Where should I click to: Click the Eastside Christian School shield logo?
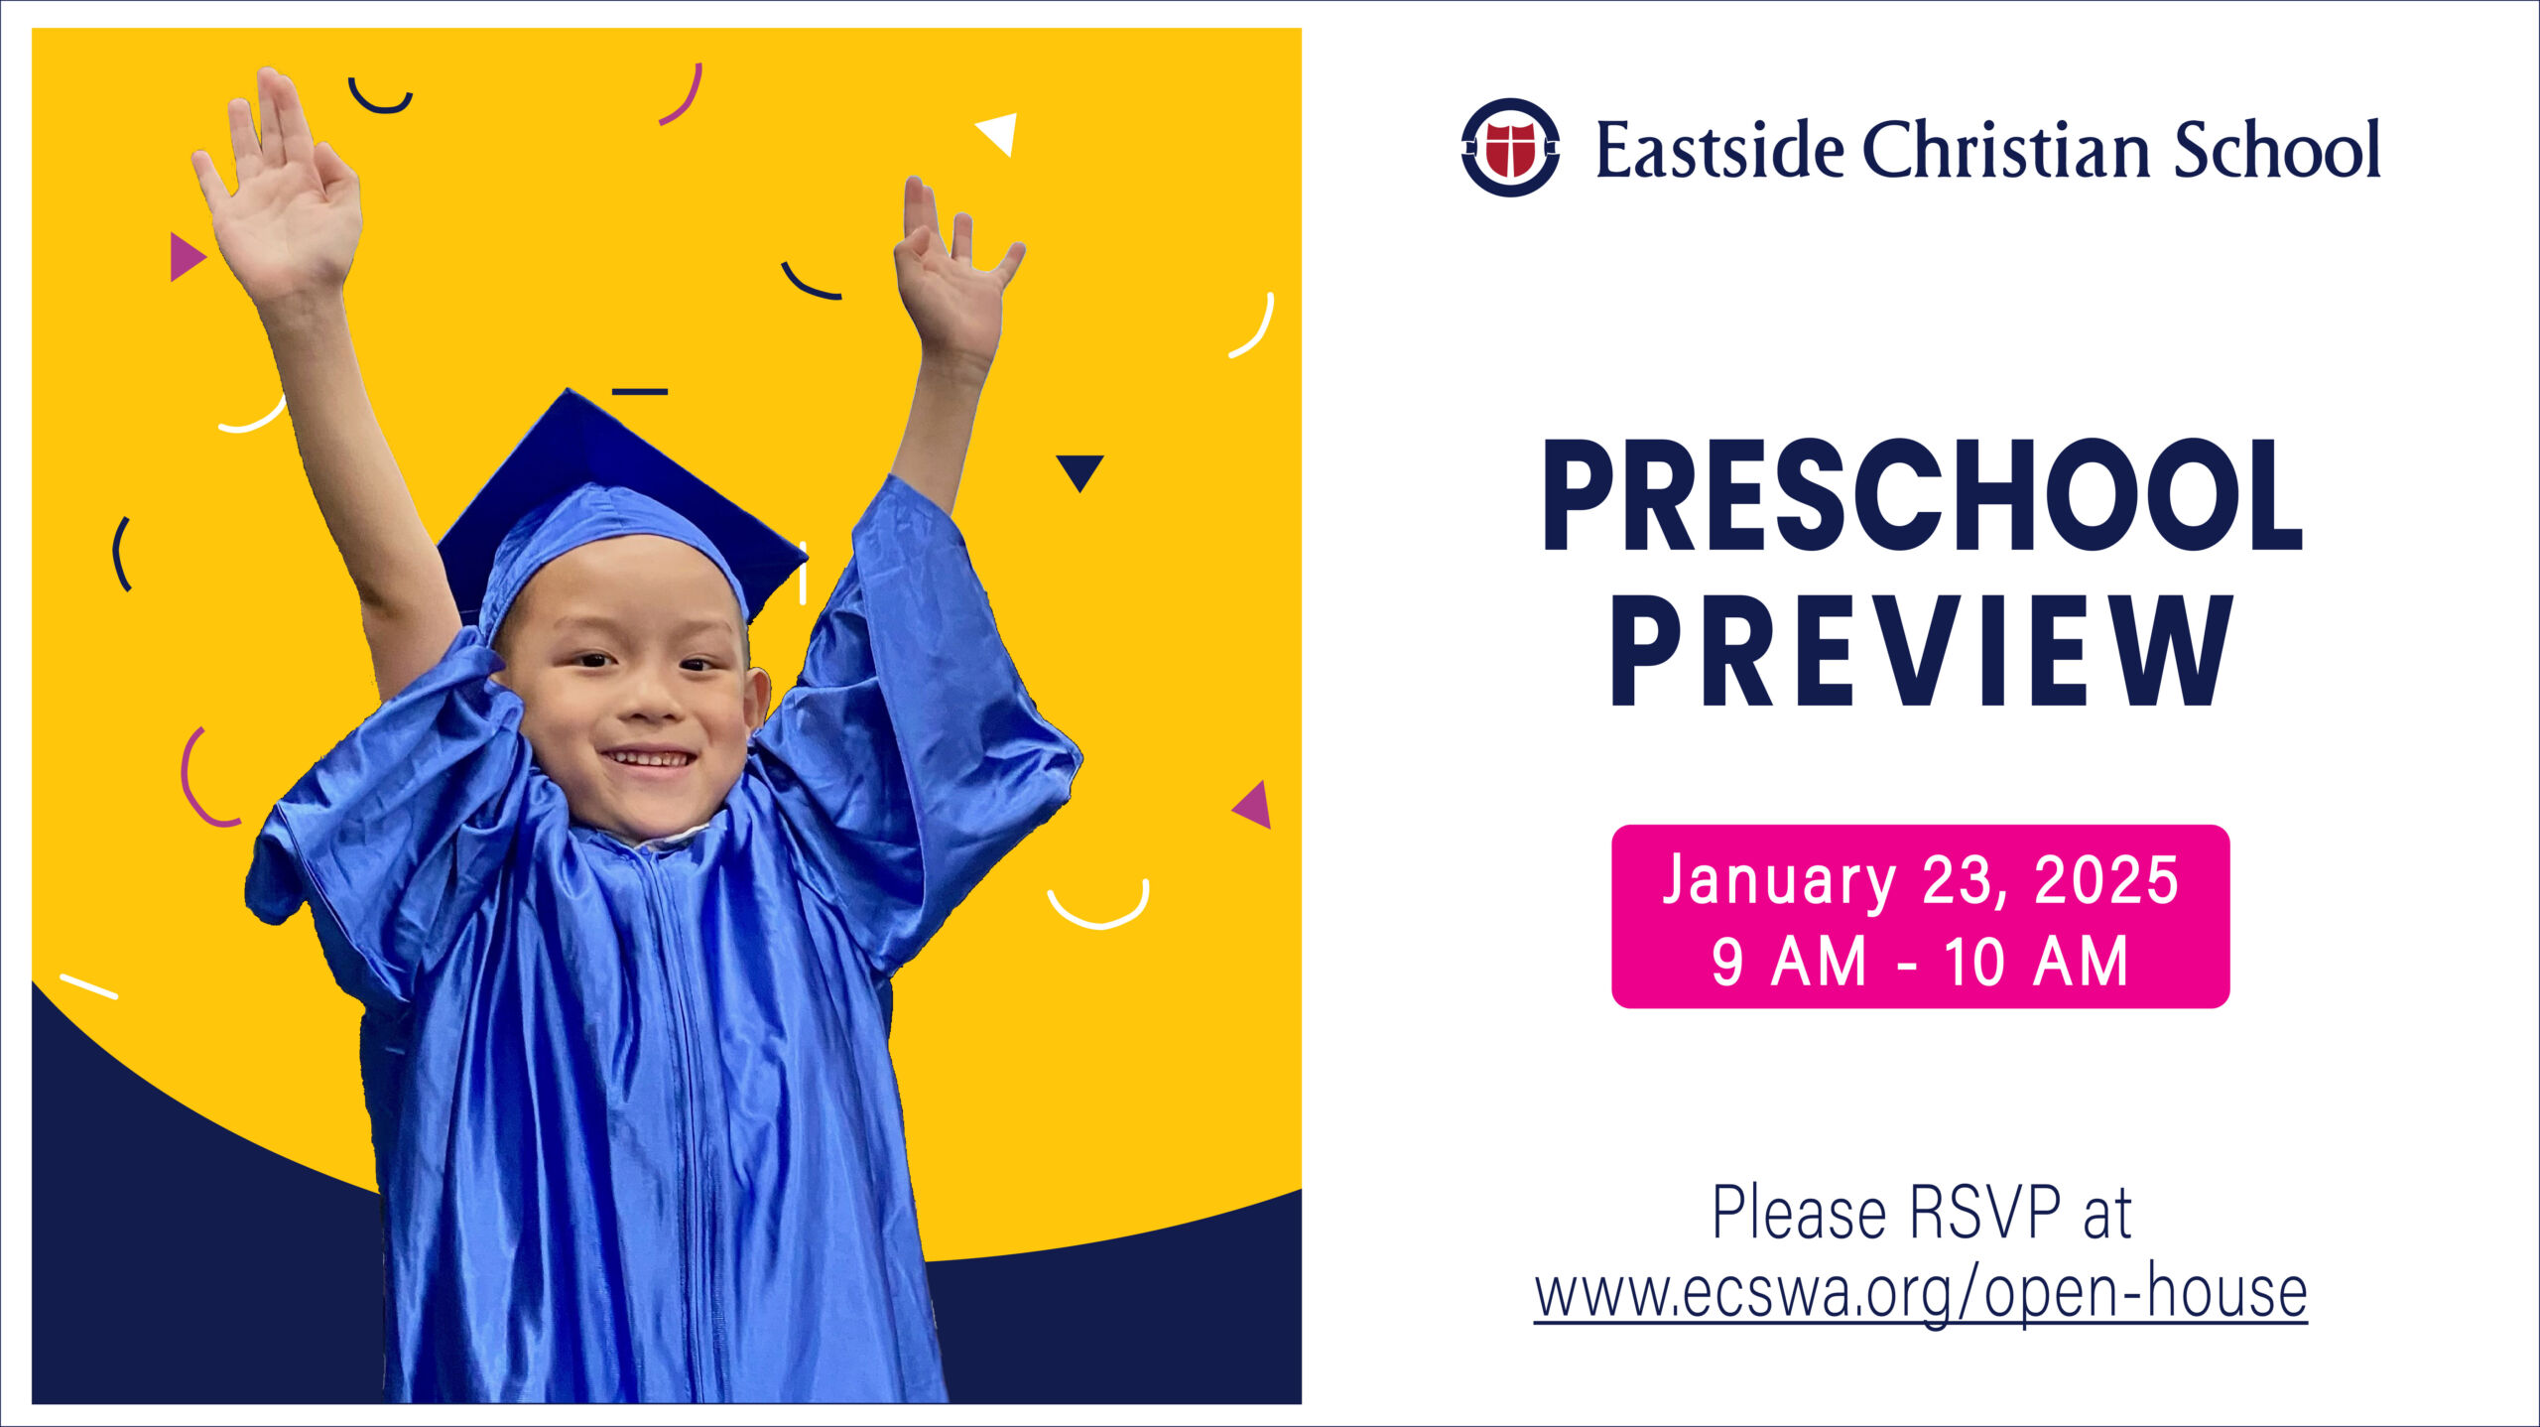point(1509,148)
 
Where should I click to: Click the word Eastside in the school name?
point(1719,150)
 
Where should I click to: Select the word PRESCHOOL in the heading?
point(1922,495)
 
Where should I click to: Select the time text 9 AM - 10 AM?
point(1920,961)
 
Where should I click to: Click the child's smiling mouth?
point(649,759)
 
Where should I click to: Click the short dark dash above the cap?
point(640,392)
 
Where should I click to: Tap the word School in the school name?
point(2277,150)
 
